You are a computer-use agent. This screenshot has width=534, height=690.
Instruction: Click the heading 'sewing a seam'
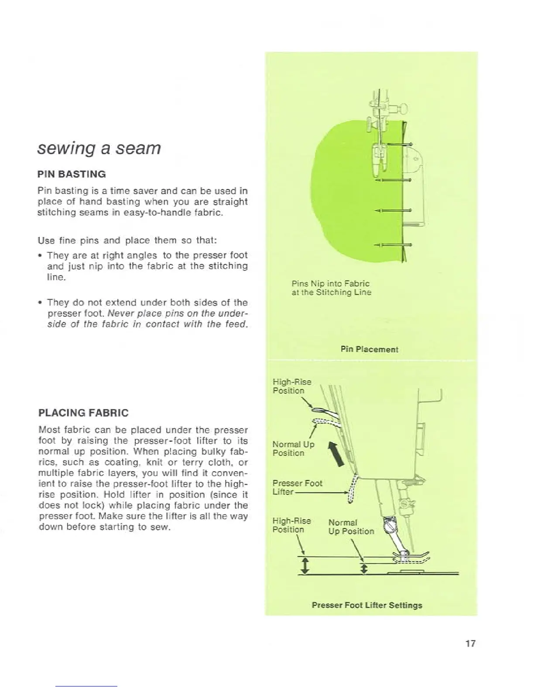(99, 149)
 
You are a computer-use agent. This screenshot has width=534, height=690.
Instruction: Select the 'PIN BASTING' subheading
(72, 174)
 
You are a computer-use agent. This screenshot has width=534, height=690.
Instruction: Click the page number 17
(469, 643)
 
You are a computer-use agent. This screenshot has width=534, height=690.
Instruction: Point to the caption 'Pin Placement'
(369, 349)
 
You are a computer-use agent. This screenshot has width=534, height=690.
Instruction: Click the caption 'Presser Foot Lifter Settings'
(367, 605)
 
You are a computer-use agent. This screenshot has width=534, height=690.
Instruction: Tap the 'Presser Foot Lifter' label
(297, 487)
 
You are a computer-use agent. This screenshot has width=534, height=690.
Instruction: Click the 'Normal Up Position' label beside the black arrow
(293, 449)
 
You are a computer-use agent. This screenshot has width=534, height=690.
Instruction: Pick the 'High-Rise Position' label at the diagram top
(291, 386)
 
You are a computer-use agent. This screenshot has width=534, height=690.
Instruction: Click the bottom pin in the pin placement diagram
(394, 244)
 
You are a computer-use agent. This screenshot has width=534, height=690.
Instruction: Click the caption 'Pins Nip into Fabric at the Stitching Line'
(331, 288)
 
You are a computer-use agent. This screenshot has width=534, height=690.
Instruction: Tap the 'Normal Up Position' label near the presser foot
(351, 527)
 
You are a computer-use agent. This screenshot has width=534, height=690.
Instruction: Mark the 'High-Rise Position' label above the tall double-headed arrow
(291, 525)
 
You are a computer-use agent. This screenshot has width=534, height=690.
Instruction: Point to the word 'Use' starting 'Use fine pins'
(45, 240)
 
